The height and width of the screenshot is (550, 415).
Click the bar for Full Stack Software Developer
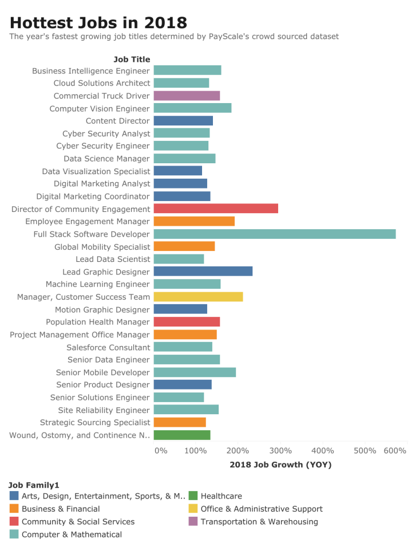coord(275,234)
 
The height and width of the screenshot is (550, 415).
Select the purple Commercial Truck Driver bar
coord(187,96)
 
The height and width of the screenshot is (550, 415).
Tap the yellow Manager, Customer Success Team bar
coord(198,297)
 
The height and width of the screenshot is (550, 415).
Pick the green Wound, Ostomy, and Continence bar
coord(182,435)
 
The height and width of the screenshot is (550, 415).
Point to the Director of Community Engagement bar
coord(216,209)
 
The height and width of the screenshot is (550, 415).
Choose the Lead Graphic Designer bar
coord(203,272)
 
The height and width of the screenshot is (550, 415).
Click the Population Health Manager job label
coord(98,322)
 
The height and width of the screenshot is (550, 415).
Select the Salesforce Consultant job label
coord(108,347)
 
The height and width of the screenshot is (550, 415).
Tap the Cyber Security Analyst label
coord(106,133)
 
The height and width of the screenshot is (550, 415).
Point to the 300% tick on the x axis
coord(282,450)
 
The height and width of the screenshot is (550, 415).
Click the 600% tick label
coord(395,450)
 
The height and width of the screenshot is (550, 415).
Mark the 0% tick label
coord(161,450)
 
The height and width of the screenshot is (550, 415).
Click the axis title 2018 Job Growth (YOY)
coord(280,465)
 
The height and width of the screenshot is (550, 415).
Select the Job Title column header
coord(132,59)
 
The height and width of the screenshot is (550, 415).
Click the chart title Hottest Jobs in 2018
coord(98,22)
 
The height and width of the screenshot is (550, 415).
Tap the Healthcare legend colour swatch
coord(193,496)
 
